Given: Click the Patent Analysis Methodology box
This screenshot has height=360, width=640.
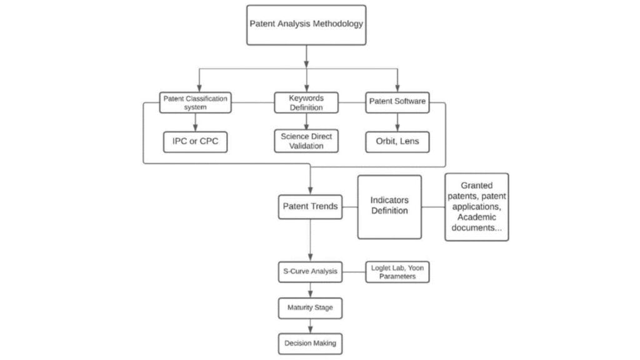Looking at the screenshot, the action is (306, 25).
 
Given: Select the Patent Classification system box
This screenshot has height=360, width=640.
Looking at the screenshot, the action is (195, 102).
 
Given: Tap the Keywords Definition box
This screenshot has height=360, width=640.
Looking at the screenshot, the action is (306, 102).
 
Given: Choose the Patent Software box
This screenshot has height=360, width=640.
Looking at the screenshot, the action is (397, 102).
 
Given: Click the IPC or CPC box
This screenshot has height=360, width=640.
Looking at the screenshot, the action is (195, 142).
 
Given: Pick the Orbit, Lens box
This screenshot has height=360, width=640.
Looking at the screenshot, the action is (397, 142).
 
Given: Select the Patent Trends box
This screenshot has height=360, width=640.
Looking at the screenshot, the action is (310, 207).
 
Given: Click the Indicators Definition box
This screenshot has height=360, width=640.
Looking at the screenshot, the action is (389, 207).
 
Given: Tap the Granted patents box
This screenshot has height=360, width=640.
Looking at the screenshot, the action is (476, 207).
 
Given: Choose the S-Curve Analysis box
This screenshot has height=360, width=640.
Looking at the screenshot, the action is (310, 272).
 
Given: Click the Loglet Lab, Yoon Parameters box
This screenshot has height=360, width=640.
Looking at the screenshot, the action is (397, 272).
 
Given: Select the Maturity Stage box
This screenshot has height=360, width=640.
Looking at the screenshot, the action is (310, 308).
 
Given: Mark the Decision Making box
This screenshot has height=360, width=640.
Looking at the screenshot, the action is (310, 344).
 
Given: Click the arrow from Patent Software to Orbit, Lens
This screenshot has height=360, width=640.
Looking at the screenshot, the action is (397, 122).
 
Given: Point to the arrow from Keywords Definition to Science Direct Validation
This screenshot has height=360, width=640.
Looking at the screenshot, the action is (306, 122).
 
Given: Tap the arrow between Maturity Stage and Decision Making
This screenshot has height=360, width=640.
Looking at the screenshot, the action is (310, 326).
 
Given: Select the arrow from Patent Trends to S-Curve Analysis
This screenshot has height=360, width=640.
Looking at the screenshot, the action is (310, 241).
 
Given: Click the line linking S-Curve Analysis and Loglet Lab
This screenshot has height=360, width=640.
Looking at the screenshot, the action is (354, 272).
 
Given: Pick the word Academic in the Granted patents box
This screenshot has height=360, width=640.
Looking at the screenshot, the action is (476, 217).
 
